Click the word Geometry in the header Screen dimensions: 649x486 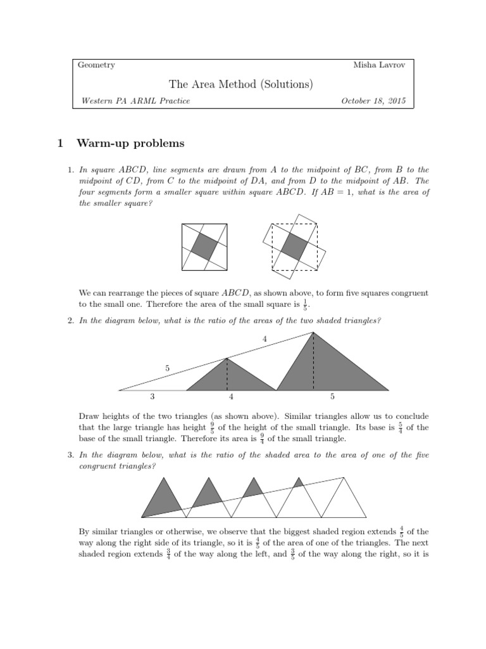tap(96, 65)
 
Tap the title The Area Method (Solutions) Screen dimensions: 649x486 tap(240, 84)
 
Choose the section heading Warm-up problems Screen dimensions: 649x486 tap(130, 143)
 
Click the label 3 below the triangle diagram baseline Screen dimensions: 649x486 tap(153, 397)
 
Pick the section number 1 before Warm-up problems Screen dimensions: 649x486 tap(60, 143)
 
